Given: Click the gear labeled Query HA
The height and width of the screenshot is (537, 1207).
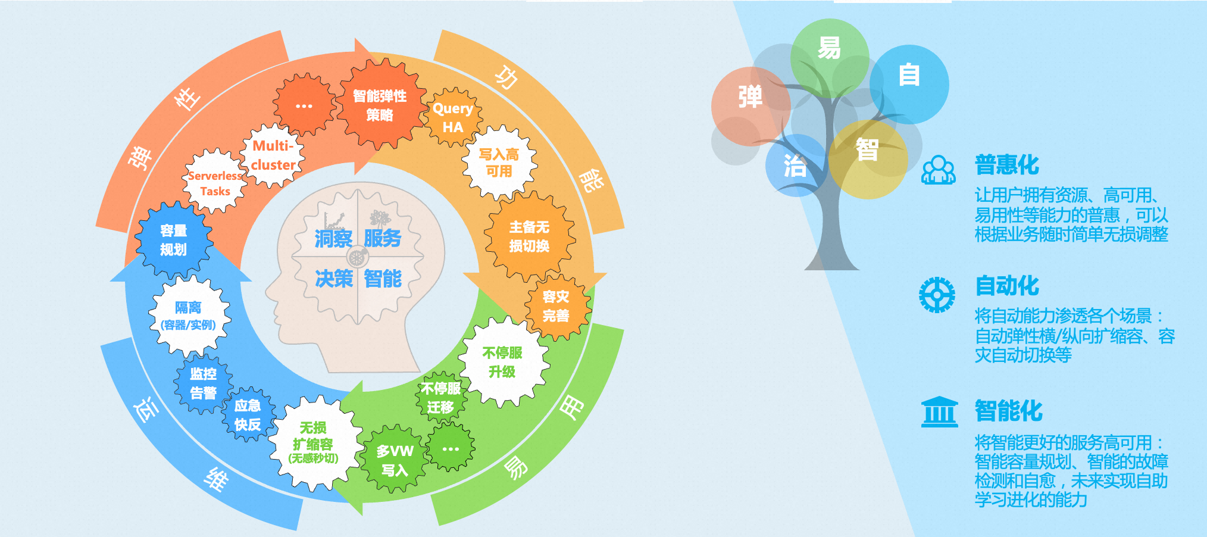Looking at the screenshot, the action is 453,118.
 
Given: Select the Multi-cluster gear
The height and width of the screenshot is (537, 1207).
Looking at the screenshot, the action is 273,155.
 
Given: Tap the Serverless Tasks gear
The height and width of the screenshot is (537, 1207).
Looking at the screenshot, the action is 215,182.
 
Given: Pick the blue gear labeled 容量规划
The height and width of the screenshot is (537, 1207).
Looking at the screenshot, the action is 174,240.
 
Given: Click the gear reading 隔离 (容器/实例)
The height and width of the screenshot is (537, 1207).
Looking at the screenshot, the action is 188,316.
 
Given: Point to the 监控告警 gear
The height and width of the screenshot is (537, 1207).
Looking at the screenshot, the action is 204,383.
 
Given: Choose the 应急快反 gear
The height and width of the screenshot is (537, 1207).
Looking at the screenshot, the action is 248,414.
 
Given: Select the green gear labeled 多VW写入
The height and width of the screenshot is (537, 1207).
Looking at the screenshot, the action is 394,459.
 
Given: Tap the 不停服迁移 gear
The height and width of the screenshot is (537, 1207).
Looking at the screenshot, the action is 441,398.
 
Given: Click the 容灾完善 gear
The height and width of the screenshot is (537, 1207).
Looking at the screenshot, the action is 556,307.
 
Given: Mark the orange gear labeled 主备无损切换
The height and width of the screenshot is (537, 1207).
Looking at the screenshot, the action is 530,236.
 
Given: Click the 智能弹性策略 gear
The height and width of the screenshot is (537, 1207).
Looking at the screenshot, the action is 380,105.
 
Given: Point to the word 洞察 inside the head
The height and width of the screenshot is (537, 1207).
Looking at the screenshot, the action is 333,239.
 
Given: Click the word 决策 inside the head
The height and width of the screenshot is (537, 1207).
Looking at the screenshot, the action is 334,279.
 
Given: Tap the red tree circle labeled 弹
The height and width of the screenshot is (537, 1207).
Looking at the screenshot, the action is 751,106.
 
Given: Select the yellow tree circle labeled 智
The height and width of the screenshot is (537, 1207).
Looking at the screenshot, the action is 868,159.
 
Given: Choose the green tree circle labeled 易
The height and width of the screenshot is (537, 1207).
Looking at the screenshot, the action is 830,58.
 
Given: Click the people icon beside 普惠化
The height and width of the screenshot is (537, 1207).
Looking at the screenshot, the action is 939,170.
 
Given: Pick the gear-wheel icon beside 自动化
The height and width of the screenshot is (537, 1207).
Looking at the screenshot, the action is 937,295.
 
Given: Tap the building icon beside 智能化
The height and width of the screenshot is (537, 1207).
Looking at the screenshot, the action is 940,412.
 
